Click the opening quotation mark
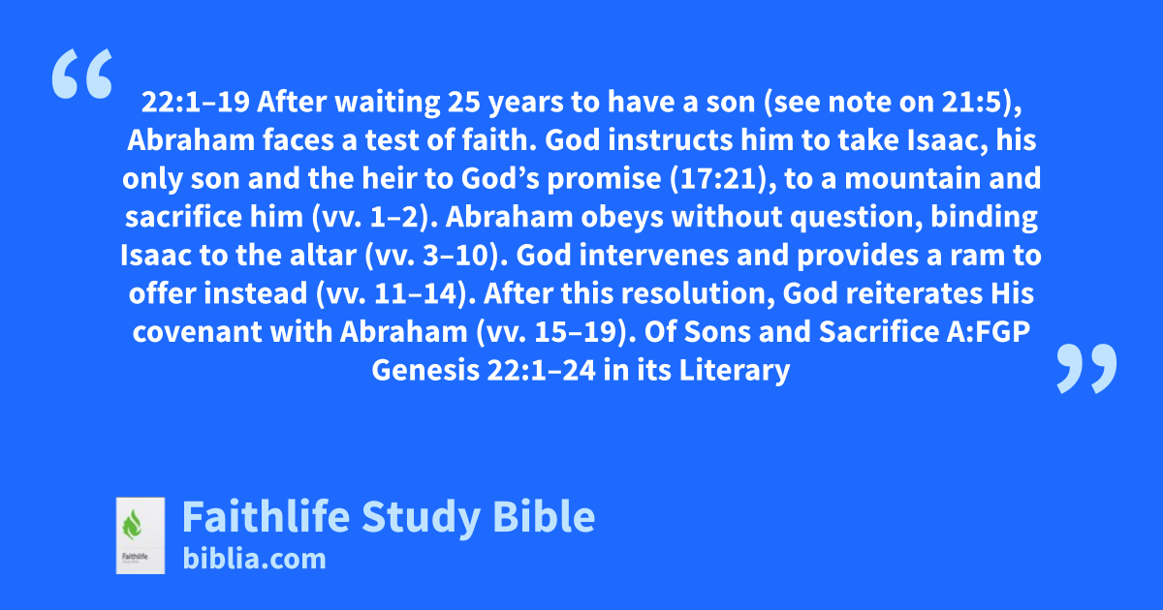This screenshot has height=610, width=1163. [x=82, y=74]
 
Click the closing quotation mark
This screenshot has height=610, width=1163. [x=1086, y=368]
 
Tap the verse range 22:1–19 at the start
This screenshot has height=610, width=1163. [x=196, y=102]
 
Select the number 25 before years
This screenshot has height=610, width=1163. [x=464, y=102]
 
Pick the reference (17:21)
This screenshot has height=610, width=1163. [x=723, y=178]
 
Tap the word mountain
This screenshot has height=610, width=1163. [x=913, y=178]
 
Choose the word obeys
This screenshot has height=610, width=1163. [x=622, y=217]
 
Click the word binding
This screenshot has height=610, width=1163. [x=984, y=217]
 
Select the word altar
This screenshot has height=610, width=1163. [x=323, y=256]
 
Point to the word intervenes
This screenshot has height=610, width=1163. [x=654, y=256]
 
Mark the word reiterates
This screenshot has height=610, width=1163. [x=914, y=293]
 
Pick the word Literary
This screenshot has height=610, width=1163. [x=735, y=370]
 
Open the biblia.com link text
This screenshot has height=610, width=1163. [x=254, y=560]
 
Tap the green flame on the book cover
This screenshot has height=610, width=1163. [x=132, y=526]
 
